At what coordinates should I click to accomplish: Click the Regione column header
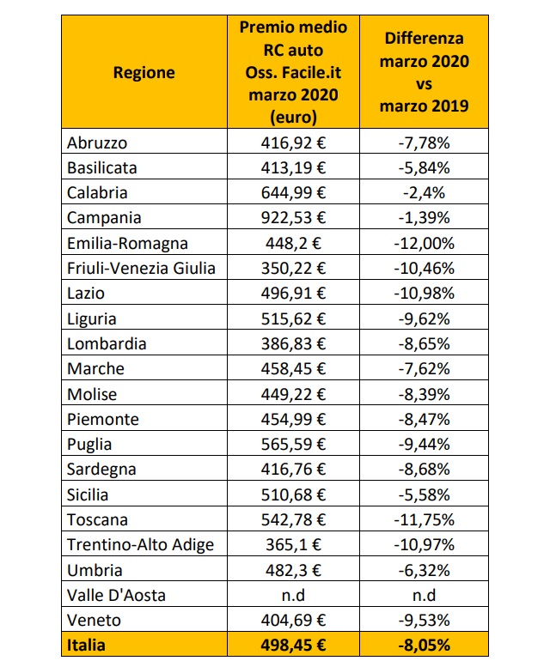(x=144, y=72)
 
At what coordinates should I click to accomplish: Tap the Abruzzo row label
(x=96, y=142)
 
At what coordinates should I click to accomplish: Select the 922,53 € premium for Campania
(x=294, y=218)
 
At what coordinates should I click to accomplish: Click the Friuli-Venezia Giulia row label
(x=141, y=269)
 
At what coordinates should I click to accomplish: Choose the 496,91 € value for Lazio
(x=294, y=294)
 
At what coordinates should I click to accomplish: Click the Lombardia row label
(x=107, y=344)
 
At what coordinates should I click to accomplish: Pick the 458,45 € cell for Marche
(x=294, y=369)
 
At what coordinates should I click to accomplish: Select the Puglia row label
(x=89, y=445)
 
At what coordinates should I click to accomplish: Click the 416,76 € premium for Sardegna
(x=294, y=470)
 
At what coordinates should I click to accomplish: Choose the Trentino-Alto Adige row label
(x=139, y=545)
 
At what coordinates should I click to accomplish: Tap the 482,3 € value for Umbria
(x=294, y=570)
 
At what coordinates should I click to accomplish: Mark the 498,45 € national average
(x=294, y=646)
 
